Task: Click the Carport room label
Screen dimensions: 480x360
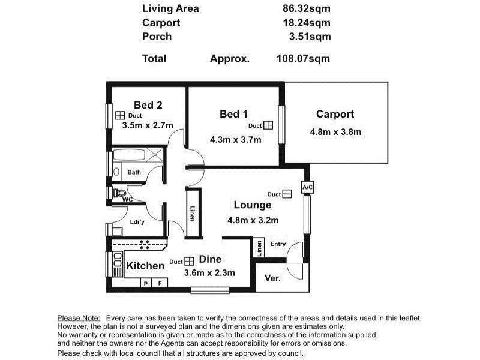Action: click(x=335, y=114)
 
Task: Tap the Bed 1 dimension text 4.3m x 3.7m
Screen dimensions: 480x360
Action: click(x=235, y=140)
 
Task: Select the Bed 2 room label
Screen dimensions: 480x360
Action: click(x=148, y=105)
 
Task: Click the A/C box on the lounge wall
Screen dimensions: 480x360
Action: click(x=307, y=187)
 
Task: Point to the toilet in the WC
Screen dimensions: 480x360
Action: click(x=119, y=193)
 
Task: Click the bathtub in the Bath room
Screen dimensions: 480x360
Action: click(x=129, y=155)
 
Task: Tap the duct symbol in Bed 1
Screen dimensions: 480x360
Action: click(x=268, y=125)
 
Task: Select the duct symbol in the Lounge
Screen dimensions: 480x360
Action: click(x=287, y=194)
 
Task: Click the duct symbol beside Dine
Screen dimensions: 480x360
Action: click(x=190, y=261)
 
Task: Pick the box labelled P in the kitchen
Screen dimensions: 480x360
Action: click(x=146, y=283)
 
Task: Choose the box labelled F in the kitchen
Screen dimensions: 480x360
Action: click(x=160, y=283)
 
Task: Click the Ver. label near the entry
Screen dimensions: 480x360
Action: click(x=272, y=278)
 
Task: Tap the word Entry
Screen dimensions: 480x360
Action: click(x=278, y=244)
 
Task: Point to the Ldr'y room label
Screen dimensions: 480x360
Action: click(x=137, y=221)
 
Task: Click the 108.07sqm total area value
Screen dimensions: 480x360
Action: click(x=303, y=58)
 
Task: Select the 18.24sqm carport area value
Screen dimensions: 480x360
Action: click(x=307, y=23)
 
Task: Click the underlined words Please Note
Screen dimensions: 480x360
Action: click(x=79, y=318)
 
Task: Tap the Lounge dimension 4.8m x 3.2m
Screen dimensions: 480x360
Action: click(x=253, y=220)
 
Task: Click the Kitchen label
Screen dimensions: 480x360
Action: click(x=145, y=265)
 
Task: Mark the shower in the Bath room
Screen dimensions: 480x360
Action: click(x=154, y=155)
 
